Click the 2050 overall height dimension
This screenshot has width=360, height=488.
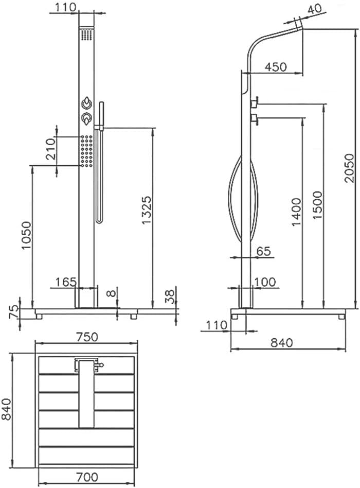tap(349, 167)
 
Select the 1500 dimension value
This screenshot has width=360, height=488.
tap(318, 205)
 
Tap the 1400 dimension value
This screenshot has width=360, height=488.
tap(297, 212)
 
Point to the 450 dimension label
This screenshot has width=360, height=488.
tap(276, 66)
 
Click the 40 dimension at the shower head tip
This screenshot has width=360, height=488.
tap(315, 10)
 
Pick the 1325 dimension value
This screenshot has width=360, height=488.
tap(146, 210)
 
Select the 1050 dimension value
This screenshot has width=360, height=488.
tap(26, 235)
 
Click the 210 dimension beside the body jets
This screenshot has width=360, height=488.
tap(50, 149)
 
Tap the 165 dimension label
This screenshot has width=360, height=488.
tap(66, 282)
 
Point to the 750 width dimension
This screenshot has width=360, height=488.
tap(87, 337)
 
